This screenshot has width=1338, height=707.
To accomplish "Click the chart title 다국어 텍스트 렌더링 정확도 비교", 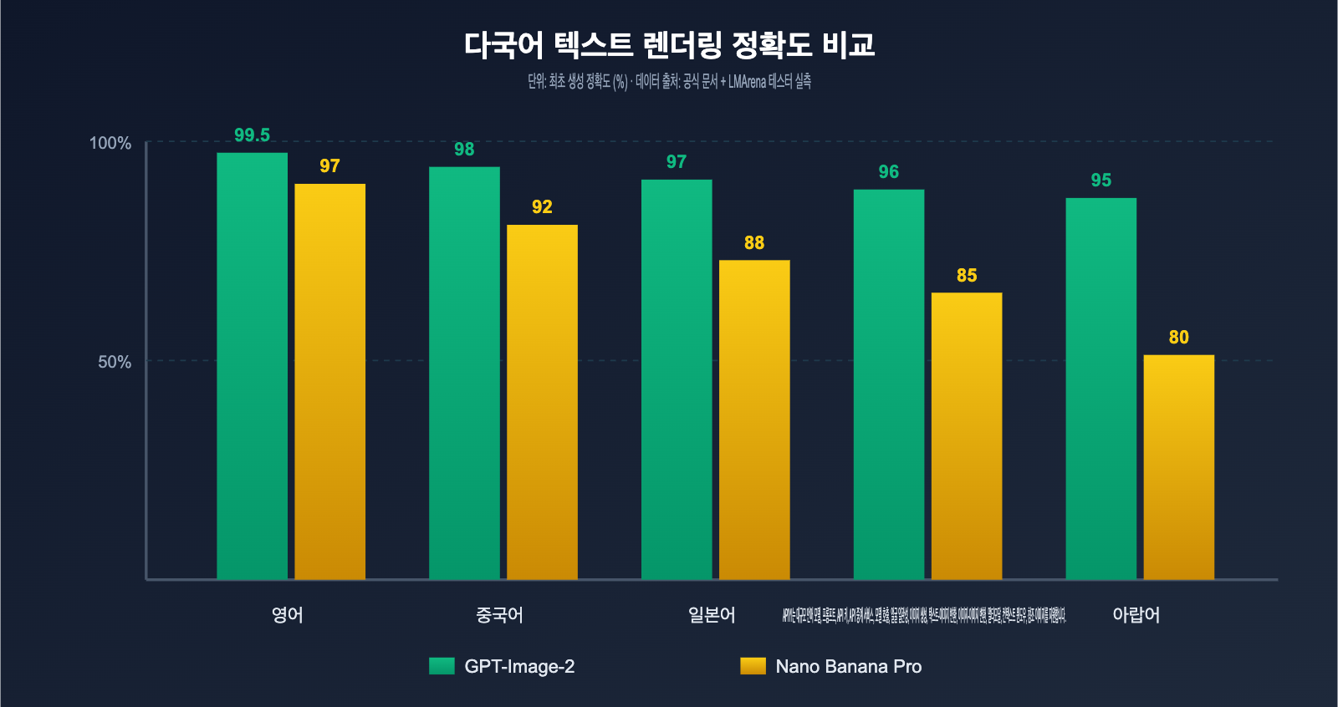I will tap(669, 44).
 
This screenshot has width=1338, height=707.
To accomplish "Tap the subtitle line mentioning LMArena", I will tap(669, 81).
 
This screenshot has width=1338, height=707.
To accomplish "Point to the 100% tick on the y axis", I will tap(110, 143).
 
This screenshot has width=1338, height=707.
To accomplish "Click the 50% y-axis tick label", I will tap(115, 362).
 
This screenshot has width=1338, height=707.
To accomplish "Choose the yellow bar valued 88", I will tap(754, 420).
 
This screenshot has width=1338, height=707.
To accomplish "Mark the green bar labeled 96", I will tap(889, 384).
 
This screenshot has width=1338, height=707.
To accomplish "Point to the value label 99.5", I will tap(252, 135).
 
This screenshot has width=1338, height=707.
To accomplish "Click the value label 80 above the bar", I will tap(1178, 338).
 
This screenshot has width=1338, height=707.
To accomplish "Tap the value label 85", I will tap(967, 276).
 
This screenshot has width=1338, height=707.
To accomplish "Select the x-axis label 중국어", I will tap(499, 615).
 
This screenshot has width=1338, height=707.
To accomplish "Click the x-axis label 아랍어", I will tap(1136, 615).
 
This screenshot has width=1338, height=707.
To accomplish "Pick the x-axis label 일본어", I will tap(712, 615).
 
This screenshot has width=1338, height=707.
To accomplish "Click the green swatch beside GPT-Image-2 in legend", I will tap(442, 666).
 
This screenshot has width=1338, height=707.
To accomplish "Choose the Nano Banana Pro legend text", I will tap(848, 667).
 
